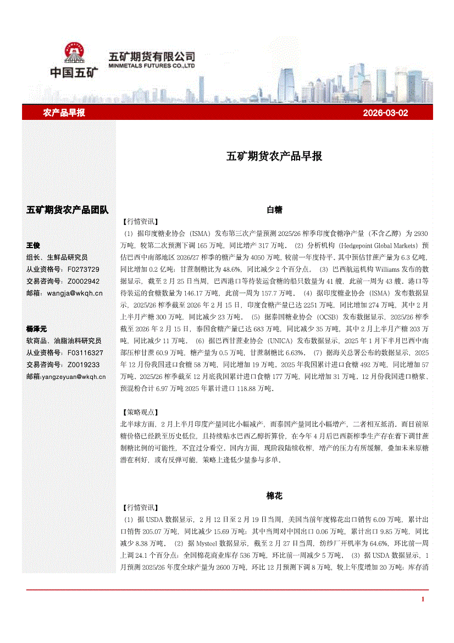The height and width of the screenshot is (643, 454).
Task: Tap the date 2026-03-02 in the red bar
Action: (385, 113)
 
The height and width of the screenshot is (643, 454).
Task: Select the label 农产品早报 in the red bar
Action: (64, 113)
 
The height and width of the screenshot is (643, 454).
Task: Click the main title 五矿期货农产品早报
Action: (274, 156)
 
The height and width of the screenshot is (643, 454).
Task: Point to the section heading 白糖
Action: (274, 210)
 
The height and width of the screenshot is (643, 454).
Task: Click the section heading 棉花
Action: (274, 496)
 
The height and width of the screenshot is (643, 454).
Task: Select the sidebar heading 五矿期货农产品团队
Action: (68, 210)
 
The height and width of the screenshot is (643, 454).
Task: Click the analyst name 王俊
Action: (34, 245)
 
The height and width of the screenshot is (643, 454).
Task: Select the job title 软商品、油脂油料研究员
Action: (64, 340)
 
